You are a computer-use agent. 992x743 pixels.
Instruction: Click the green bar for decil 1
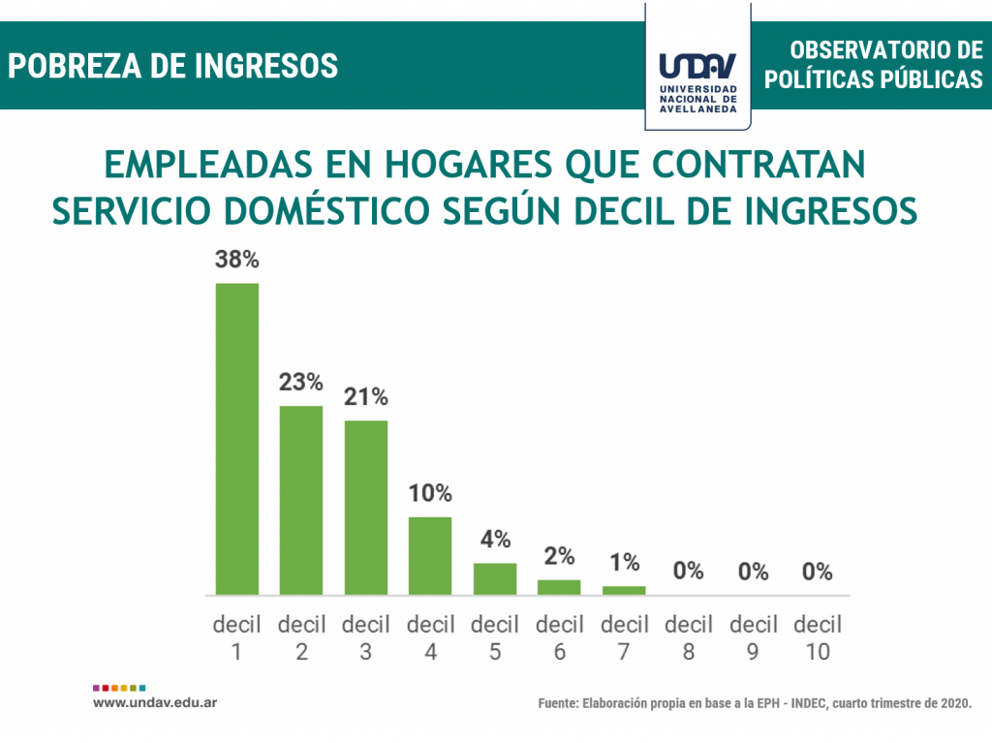pos(236,438)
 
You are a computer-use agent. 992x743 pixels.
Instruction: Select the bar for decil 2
pos(301,499)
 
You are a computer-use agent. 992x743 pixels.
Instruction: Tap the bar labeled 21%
pos(365,507)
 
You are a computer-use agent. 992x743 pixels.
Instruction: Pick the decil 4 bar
pos(430,555)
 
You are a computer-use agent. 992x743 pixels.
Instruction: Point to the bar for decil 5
pos(495,578)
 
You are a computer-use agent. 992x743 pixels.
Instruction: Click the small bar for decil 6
pos(559,587)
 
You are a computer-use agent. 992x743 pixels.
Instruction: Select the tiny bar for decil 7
pos(624,590)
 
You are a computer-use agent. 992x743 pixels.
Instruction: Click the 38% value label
pos(236,261)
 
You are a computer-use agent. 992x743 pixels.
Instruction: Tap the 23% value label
pos(301,383)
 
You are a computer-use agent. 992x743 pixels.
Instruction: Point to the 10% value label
pos(430,493)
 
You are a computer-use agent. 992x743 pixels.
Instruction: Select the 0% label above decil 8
pos(689,572)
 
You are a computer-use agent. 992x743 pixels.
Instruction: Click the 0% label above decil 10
pos(818,572)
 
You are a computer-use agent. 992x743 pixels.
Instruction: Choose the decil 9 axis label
pos(754,637)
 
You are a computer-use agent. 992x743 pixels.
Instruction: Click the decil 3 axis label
pos(365,637)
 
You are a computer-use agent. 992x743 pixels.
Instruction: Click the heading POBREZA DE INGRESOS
pos(173,66)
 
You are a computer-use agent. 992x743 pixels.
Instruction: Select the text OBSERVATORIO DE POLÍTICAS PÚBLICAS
pos(873,65)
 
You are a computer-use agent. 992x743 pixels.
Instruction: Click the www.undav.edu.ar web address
pos(154,701)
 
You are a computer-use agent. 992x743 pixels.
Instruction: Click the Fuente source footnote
pos(755,703)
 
